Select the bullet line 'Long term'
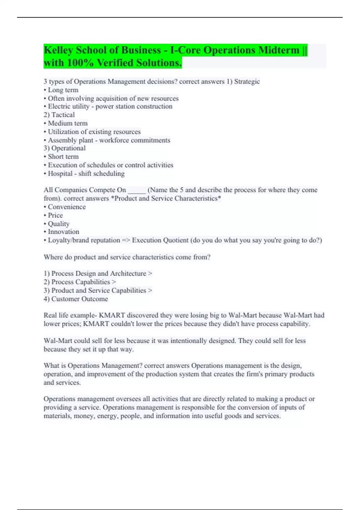pos(63,90)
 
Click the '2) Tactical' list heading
pos(59,115)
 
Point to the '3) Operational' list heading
pos(64,148)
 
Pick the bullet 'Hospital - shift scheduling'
pos(86,174)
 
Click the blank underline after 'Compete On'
pos(137,190)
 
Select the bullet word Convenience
pos(67,207)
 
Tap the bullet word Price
pos(55,215)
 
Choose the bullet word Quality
pos(58,224)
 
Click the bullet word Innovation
pos(63,232)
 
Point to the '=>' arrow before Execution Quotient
pos(126,240)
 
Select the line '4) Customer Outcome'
pos(76,299)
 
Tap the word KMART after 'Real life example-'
pos(112,315)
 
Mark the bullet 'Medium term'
pos(67,123)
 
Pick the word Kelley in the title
pos(58,50)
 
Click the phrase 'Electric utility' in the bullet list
pos(69,106)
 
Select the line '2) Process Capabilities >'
pos(80,282)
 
